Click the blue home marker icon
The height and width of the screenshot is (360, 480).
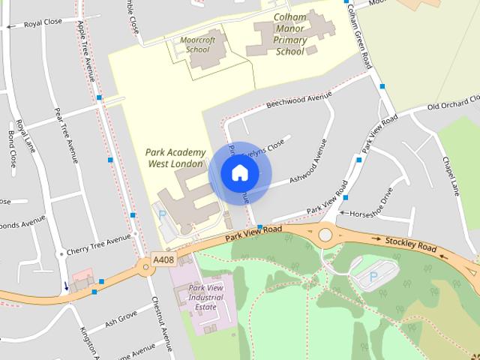coord(239,173)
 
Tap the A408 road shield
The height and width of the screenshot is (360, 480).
coord(163,259)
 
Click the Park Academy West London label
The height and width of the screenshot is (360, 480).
coord(175,157)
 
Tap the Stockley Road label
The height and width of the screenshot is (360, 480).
coord(410,244)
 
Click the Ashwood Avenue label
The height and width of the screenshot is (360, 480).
coord(300,172)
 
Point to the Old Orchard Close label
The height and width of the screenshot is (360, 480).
coord(452,103)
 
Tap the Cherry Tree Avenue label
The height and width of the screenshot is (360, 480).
coord(98,242)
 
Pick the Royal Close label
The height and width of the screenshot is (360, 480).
coord(42,24)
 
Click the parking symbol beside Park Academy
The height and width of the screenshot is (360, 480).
coord(163,214)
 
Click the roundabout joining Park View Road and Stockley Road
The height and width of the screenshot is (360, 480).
coord(325,235)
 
